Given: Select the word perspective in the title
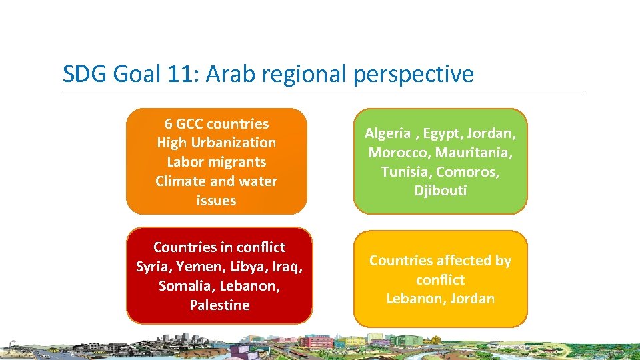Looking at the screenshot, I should point(413,75).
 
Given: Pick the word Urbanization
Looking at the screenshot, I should point(235,143).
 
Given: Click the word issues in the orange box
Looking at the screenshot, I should point(217,200).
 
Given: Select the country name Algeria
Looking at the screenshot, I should point(387,133).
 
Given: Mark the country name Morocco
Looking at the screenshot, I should point(396,153).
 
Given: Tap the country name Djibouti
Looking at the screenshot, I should point(440,191).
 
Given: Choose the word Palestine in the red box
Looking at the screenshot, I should point(219,305).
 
